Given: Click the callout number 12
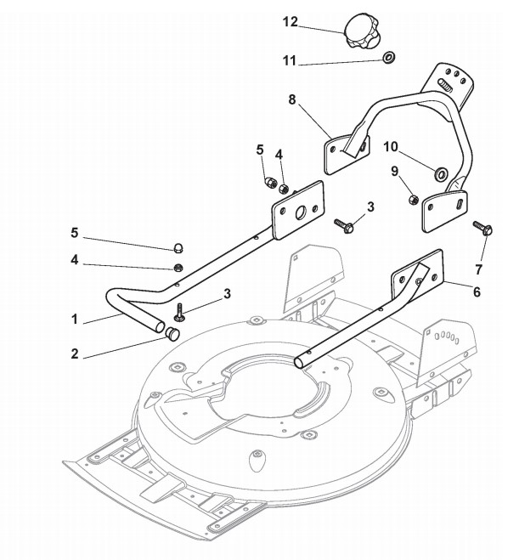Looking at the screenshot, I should tap(291, 22).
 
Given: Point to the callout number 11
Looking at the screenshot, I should tap(289, 60).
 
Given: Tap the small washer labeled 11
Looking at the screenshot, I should tap(389, 58).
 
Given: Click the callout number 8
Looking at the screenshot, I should tap(292, 99).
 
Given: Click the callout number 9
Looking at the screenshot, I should tap(393, 170).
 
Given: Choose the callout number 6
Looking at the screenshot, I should tap(477, 291).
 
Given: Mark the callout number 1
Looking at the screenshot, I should tap(75, 320).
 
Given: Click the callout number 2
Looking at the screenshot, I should tap(75, 354).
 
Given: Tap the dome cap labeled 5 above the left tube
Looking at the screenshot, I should tap(178, 247).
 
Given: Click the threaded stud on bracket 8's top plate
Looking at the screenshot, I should tap(445, 85).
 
